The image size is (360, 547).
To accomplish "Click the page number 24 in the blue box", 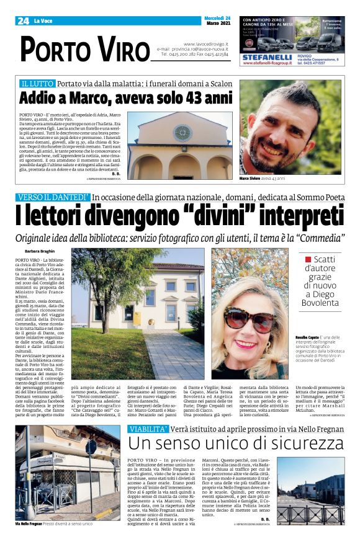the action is coord(23,21).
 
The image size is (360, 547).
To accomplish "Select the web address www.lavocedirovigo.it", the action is coord(205,44).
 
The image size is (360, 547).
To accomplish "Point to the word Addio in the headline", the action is coord(38,98).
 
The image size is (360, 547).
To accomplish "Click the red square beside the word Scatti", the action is coord(307,259).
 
